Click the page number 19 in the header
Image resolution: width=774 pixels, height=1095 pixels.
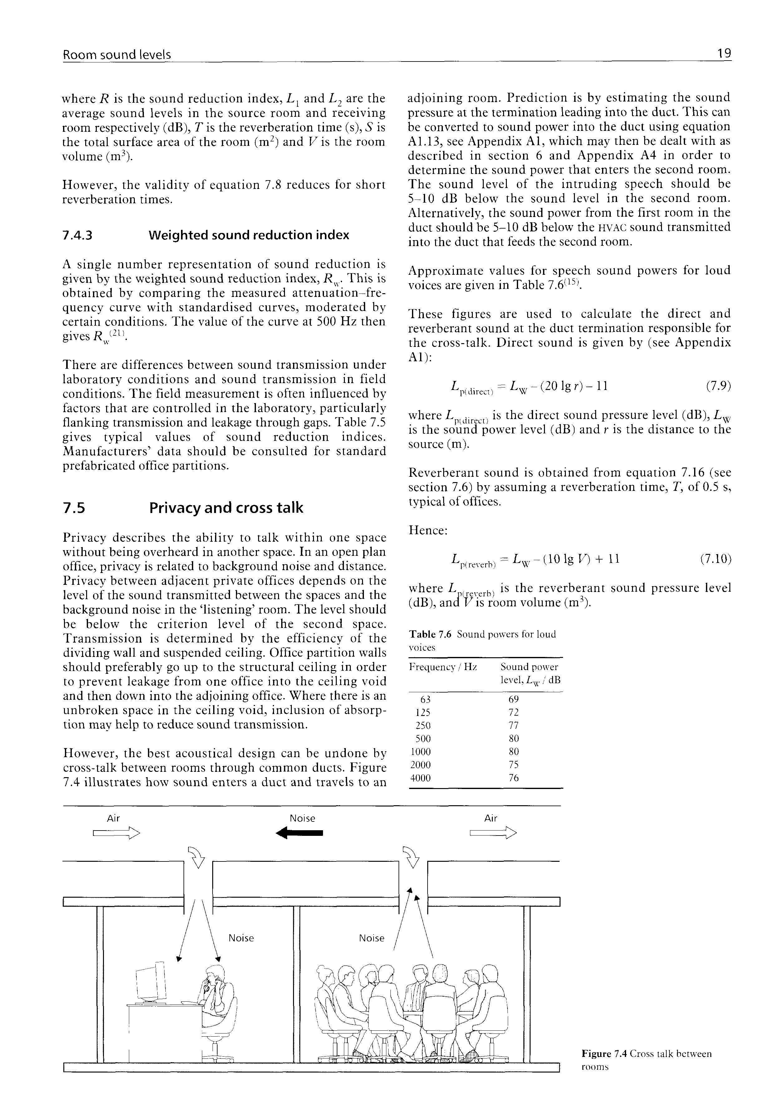pyautogui.click(x=724, y=54)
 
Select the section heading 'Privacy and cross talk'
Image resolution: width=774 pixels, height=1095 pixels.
pyautogui.click(x=226, y=508)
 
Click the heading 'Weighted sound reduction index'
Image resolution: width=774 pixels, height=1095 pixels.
pyautogui.click(x=249, y=235)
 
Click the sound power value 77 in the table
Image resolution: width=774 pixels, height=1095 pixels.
pyautogui.click(x=513, y=726)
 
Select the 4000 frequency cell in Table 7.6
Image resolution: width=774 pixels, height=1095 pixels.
pyautogui.click(x=420, y=778)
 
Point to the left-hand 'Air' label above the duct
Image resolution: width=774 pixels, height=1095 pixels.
pyautogui.click(x=113, y=818)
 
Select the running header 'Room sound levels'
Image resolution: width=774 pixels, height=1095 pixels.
pyautogui.click(x=117, y=55)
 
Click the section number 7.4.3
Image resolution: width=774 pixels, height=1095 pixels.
pyautogui.click(x=78, y=235)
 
